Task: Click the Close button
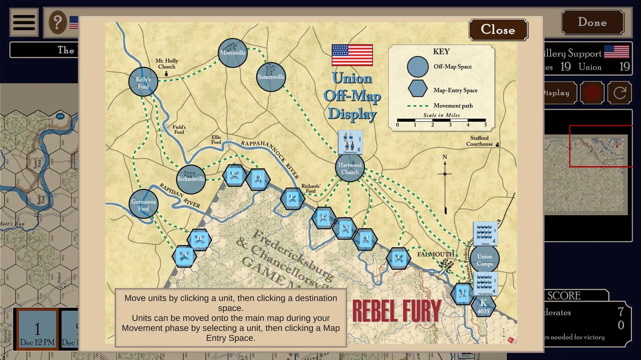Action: click(x=498, y=30)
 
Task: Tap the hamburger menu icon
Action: click(x=24, y=23)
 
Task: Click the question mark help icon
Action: click(x=58, y=22)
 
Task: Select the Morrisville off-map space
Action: click(x=233, y=53)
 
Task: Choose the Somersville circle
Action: click(x=271, y=77)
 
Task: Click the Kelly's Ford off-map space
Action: click(x=143, y=82)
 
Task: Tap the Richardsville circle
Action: click(x=191, y=179)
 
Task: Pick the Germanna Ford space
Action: click(x=144, y=205)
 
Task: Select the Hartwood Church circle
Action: click(x=350, y=168)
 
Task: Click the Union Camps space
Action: click(x=484, y=260)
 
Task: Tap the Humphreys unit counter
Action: click(x=485, y=284)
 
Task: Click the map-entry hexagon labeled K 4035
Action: click(x=483, y=306)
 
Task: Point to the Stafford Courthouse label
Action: click(x=479, y=141)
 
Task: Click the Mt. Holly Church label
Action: click(x=167, y=63)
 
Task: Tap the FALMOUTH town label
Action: click(x=435, y=254)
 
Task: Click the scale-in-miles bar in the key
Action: click(x=441, y=120)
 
